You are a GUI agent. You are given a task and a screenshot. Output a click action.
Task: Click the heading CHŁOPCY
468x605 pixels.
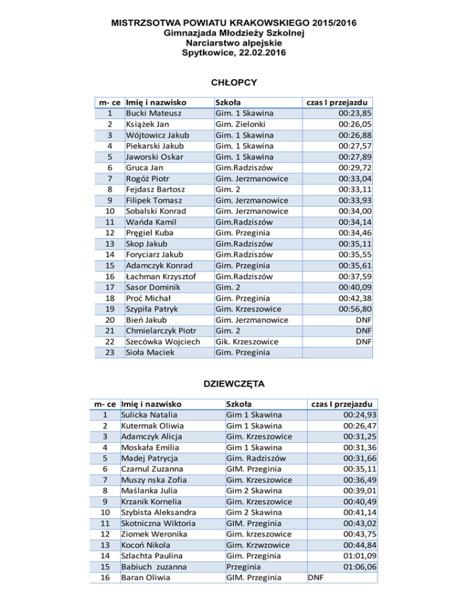pyautogui.click(x=233, y=82)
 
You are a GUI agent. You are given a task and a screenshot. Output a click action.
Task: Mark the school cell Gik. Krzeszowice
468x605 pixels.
pyautogui.click(x=247, y=341)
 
